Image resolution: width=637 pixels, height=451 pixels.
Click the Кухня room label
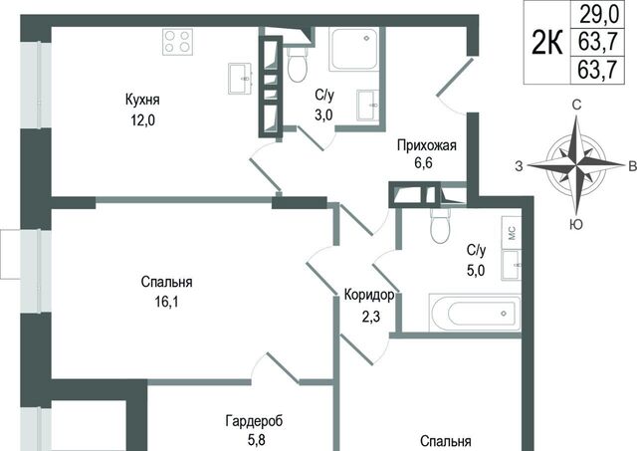(142, 100)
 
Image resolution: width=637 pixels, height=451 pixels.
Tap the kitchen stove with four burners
(177, 42)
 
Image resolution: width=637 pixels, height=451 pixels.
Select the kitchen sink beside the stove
(240, 79)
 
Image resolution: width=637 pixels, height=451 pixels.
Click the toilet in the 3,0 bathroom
(297, 65)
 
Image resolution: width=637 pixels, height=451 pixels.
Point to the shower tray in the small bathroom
(354, 49)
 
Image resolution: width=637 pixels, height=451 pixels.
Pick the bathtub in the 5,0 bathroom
(475, 312)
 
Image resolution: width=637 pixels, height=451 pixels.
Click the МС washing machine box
(511, 232)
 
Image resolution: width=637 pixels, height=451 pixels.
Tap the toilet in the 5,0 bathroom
(439, 226)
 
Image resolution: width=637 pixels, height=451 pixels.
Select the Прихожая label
(427, 145)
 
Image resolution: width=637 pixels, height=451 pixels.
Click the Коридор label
(369, 295)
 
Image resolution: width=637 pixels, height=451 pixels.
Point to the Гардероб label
(255, 421)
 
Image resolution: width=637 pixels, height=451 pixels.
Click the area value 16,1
(166, 302)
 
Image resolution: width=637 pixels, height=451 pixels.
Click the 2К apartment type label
(547, 42)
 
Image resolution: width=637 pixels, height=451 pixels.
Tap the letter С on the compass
(576, 105)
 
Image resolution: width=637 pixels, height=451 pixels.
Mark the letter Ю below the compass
(576, 223)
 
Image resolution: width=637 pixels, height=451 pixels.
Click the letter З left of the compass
(519, 166)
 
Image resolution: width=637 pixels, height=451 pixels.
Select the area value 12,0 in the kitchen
(142, 120)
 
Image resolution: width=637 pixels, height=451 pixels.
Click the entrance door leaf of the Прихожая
(456, 78)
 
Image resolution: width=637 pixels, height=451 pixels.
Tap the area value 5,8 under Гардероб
(256, 440)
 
